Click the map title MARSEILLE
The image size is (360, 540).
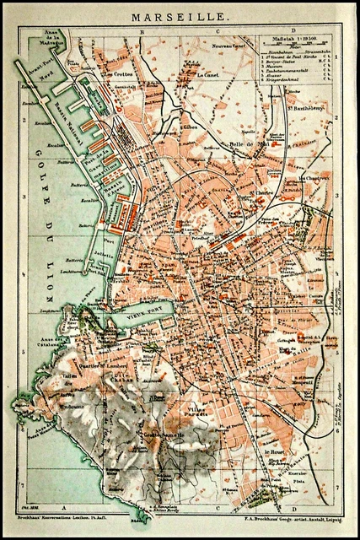tap(180, 15)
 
